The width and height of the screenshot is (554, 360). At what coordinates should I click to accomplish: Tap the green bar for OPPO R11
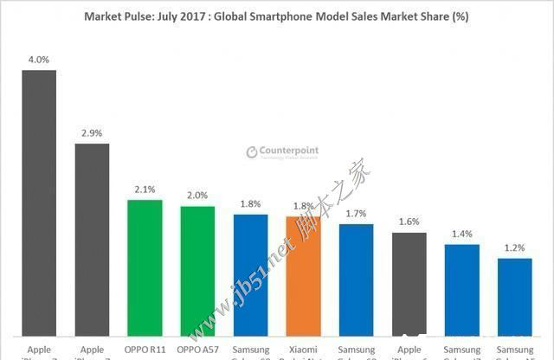[x=145, y=268]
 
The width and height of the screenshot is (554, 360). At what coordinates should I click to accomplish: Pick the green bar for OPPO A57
[x=197, y=271]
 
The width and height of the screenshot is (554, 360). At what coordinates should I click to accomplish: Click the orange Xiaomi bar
[x=303, y=277]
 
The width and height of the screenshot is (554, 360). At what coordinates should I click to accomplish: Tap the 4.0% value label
[x=39, y=59]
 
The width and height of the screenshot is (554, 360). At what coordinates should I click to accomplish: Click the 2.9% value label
[x=92, y=133]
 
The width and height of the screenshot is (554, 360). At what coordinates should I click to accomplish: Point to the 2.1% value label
[x=145, y=189]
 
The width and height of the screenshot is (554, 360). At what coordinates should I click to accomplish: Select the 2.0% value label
[x=197, y=196]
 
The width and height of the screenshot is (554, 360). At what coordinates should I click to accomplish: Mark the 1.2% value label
[x=514, y=247]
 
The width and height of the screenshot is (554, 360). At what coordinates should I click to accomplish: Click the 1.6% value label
[x=409, y=222]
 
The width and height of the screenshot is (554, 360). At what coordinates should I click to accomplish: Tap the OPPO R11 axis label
[x=145, y=350]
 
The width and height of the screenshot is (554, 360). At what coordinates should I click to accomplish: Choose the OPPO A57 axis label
[x=197, y=350]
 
